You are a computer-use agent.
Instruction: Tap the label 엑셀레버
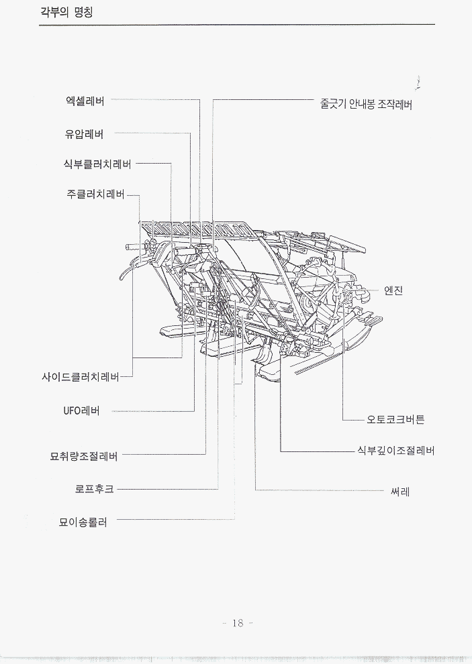pyautogui.click(x=85, y=101)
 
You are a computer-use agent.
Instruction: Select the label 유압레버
pyautogui.click(x=84, y=133)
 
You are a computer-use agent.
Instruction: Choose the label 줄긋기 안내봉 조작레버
pyautogui.click(x=366, y=105)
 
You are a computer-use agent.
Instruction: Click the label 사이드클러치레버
pyautogui.click(x=81, y=377)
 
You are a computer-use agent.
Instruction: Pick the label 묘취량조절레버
pyautogui.click(x=84, y=456)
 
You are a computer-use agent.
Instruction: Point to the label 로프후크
pyautogui.click(x=95, y=489)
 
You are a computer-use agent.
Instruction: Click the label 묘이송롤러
pyautogui.click(x=83, y=520)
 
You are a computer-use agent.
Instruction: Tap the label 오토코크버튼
pyautogui.click(x=395, y=420)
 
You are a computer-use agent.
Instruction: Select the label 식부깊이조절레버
pyautogui.click(x=395, y=451)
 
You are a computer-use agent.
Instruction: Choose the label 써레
pyautogui.click(x=400, y=491)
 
